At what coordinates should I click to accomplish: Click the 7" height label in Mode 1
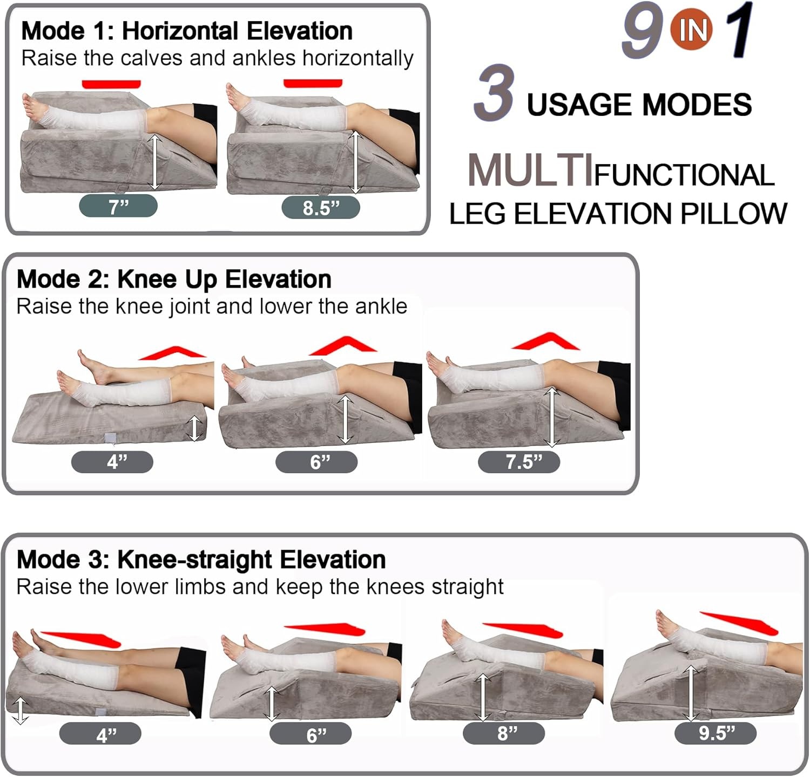[118, 207]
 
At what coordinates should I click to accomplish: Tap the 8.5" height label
[321, 208]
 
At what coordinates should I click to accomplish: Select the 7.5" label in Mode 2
[519, 462]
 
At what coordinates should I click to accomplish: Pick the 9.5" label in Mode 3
[716, 733]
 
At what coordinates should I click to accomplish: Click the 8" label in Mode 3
[504, 733]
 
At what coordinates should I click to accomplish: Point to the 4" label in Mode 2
[112, 462]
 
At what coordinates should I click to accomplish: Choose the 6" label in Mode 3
[310, 734]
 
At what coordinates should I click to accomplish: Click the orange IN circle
[692, 30]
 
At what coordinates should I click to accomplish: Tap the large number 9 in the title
[642, 31]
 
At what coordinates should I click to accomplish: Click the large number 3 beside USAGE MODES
[493, 92]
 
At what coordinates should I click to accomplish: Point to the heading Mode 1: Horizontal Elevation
[187, 31]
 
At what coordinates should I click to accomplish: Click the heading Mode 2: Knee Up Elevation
[174, 279]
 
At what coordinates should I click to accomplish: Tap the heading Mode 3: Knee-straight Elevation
[201, 560]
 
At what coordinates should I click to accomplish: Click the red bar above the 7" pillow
[111, 84]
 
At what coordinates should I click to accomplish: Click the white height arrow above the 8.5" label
[355, 162]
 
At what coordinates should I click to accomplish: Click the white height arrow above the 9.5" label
[690, 693]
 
